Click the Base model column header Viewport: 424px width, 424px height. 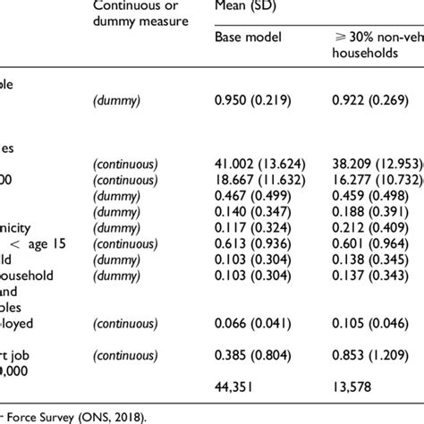(x=247, y=36)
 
